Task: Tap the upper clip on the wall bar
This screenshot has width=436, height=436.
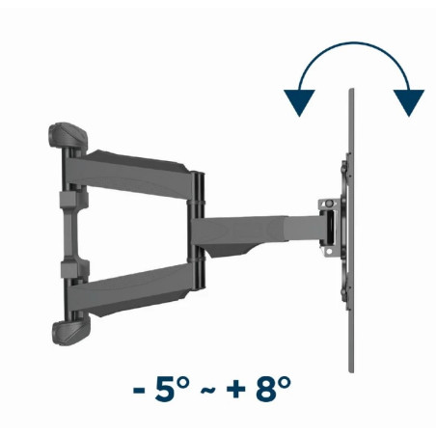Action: coord(69,197)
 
